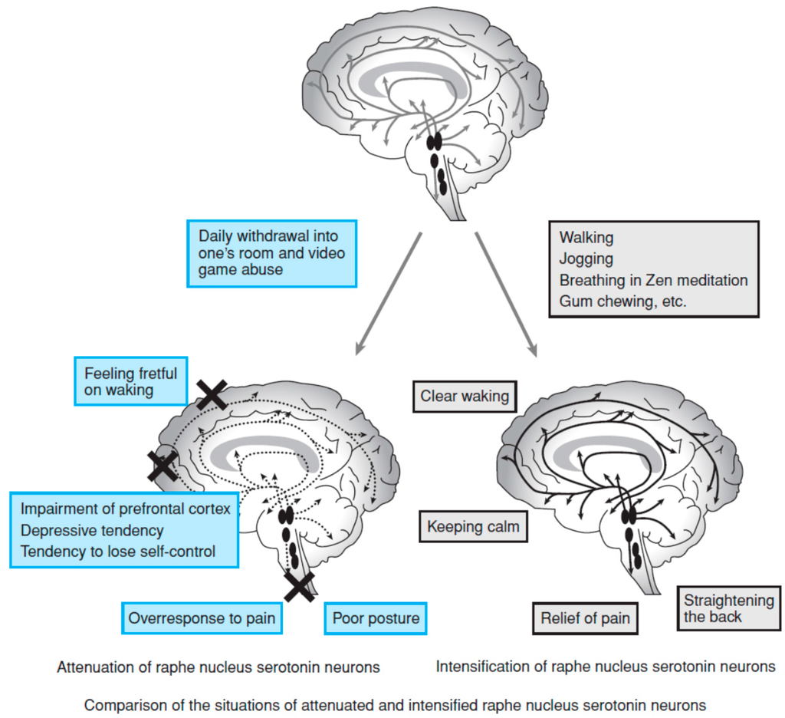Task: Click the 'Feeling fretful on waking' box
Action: [130, 381]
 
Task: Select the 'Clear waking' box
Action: [464, 397]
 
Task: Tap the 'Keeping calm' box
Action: [473, 527]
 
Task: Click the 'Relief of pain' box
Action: [585, 618]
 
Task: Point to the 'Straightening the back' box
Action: [728, 608]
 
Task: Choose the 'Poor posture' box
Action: [376, 618]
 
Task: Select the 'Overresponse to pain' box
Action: [202, 618]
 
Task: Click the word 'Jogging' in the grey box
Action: [586, 259]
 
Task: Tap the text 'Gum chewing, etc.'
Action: [622, 301]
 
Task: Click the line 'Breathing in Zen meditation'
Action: [653, 281]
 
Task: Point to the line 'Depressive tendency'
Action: [92, 530]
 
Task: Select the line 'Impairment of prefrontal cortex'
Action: [125, 509]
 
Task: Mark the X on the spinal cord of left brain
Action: [299, 587]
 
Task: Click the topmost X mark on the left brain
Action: [211, 394]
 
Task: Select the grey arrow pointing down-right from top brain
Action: [507, 291]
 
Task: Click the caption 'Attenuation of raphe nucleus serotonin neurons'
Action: [218, 667]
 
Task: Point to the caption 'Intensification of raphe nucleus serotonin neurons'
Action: [605, 667]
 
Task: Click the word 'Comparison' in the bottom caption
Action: [118, 704]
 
